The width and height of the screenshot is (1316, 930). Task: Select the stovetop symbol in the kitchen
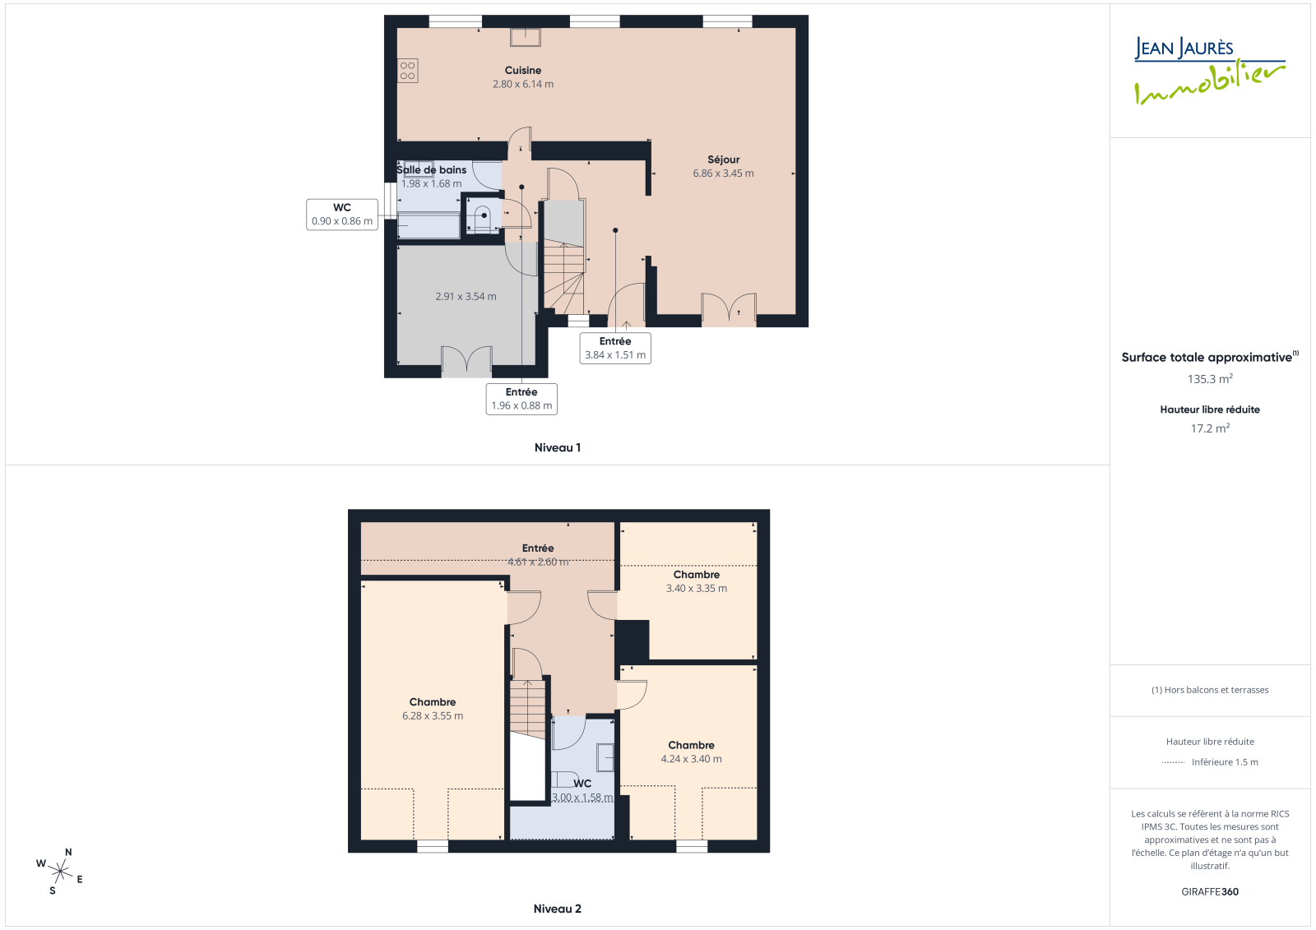point(408,71)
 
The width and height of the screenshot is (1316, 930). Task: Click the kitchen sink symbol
point(526,37)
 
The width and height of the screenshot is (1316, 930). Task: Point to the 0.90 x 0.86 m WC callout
point(342,215)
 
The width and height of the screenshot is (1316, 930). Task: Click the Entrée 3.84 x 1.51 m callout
point(615,348)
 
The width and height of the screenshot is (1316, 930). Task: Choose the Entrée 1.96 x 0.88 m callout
point(521,399)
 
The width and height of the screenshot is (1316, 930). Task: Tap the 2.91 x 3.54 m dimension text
point(466,297)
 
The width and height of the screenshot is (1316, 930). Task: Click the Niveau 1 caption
point(558,447)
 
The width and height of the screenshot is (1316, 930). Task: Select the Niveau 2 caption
point(558,909)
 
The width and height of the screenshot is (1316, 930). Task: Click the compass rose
point(60,872)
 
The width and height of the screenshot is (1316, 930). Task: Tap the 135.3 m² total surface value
point(1210,379)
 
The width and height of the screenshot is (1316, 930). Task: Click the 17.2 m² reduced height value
point(1210,428)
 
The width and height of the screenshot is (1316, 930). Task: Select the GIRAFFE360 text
point(1210,892)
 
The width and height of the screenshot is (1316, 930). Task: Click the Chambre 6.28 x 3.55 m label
point(433,709)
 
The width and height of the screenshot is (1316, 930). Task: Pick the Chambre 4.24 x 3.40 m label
point(692,752)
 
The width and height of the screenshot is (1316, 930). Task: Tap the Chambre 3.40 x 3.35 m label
point(697,581)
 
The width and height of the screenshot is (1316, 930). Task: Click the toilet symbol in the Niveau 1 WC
point(483,218)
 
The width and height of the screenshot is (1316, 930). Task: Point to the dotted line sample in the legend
point(1173,762)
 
